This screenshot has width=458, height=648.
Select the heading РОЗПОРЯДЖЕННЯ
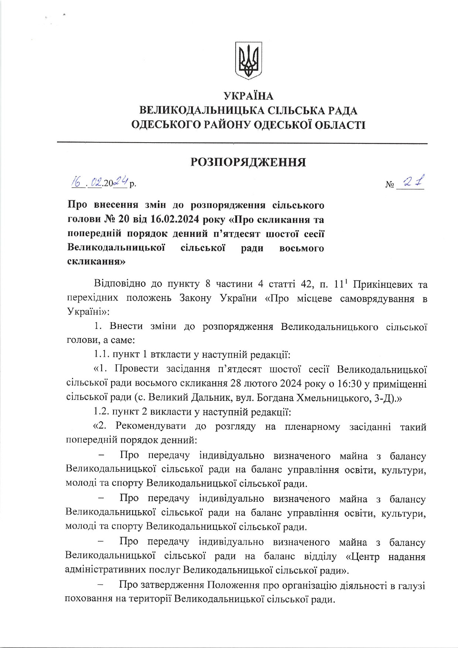coord(248,162)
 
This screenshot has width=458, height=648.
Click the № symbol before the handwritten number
coord(390,184)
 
